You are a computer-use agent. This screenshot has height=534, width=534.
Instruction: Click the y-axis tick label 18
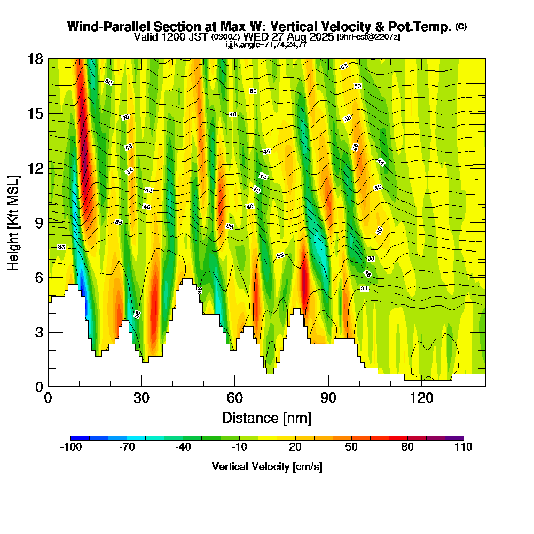pos(35,59)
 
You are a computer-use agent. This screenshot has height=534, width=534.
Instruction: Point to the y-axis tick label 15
pos(35,114)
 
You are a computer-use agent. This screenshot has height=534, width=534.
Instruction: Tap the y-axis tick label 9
pos(38,223)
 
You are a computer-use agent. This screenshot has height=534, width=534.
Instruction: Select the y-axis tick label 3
pos(38,332)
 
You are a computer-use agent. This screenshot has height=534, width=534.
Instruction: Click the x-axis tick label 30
pos(142,398)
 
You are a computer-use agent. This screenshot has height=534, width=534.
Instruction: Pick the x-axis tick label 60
pos(235,398)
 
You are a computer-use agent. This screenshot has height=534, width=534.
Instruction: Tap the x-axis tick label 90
pos(328,398)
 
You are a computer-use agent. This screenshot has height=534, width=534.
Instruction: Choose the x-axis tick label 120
pos(422,398)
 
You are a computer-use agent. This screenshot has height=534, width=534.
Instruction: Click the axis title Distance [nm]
pos(266,418)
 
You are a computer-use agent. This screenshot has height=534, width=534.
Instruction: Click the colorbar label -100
pos(70,447)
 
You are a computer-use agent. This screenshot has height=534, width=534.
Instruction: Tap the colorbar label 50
pos(351,447)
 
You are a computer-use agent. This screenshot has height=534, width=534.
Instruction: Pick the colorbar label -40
pos(183,447)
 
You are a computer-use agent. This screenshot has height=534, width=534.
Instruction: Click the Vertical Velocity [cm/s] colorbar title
pos(267,467)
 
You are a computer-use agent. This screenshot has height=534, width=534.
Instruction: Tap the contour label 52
pos(344,67)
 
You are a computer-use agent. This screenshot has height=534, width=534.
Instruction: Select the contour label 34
pos(364,288)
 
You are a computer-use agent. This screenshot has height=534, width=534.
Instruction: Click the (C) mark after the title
pos(461,27)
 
